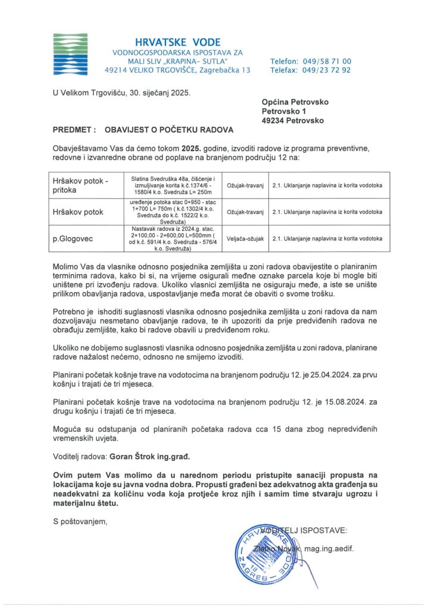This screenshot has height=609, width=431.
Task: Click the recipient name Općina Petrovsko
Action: (x=295, y=102)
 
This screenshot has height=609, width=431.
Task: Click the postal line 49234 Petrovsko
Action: (x=293, y=120)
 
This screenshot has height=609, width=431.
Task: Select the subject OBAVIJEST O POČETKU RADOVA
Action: (x=169, y=129)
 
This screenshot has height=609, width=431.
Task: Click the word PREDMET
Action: (x=74, y=129)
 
